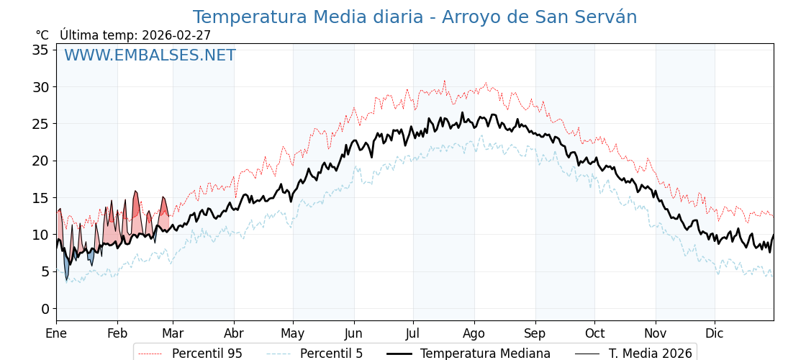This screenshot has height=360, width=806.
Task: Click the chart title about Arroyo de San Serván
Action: [415, 17]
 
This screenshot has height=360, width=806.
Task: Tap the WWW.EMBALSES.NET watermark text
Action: [150, 55]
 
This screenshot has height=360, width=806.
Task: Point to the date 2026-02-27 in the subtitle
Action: [176, 35]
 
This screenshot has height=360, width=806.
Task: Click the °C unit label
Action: [42, 35]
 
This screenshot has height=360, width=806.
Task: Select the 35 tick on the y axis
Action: [40, 50]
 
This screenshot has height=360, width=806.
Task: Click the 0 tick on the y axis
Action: [45, 309]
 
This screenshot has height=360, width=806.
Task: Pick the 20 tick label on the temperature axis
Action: [40, 161]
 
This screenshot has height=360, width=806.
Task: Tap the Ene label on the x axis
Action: [56, 333]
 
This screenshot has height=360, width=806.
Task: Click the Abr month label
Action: [234, 333]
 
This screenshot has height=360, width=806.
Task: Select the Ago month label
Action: [474, 333]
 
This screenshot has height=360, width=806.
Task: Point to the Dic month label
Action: [714, 333]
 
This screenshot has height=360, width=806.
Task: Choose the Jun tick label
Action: [353, 333]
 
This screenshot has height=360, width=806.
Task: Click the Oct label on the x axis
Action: [594, 333]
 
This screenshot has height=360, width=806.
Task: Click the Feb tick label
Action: [117, 333]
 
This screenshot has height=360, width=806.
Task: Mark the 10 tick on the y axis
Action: [40, 235]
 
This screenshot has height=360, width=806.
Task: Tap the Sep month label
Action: [535, 333]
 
